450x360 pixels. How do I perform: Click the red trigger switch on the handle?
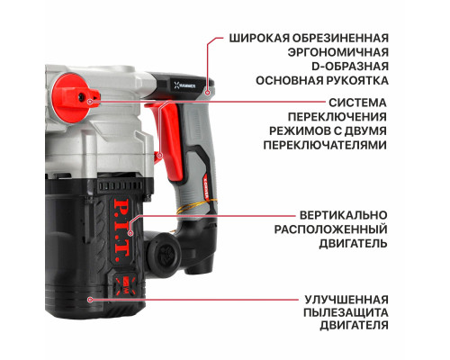(166, 134)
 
